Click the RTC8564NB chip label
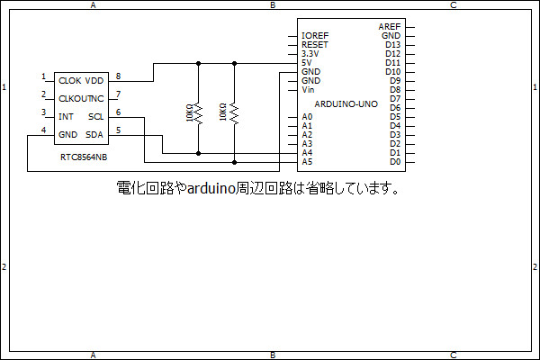point(84,157)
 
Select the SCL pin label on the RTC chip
point(95,117)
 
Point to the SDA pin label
point(94,135)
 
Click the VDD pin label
point(94,81)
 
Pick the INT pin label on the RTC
point(66,117)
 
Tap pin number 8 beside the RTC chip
point(118,76)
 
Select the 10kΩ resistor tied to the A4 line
point(198,112)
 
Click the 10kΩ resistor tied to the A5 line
point(233,112)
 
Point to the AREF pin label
point(390,27)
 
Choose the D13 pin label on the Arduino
point(392,45)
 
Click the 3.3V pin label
point(310,54)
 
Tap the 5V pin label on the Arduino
point(307,63)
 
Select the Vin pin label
point(308,90)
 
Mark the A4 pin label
point(307,153)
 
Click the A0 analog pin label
point(307,117)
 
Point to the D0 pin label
point(394,162)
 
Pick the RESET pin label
point(315,45)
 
